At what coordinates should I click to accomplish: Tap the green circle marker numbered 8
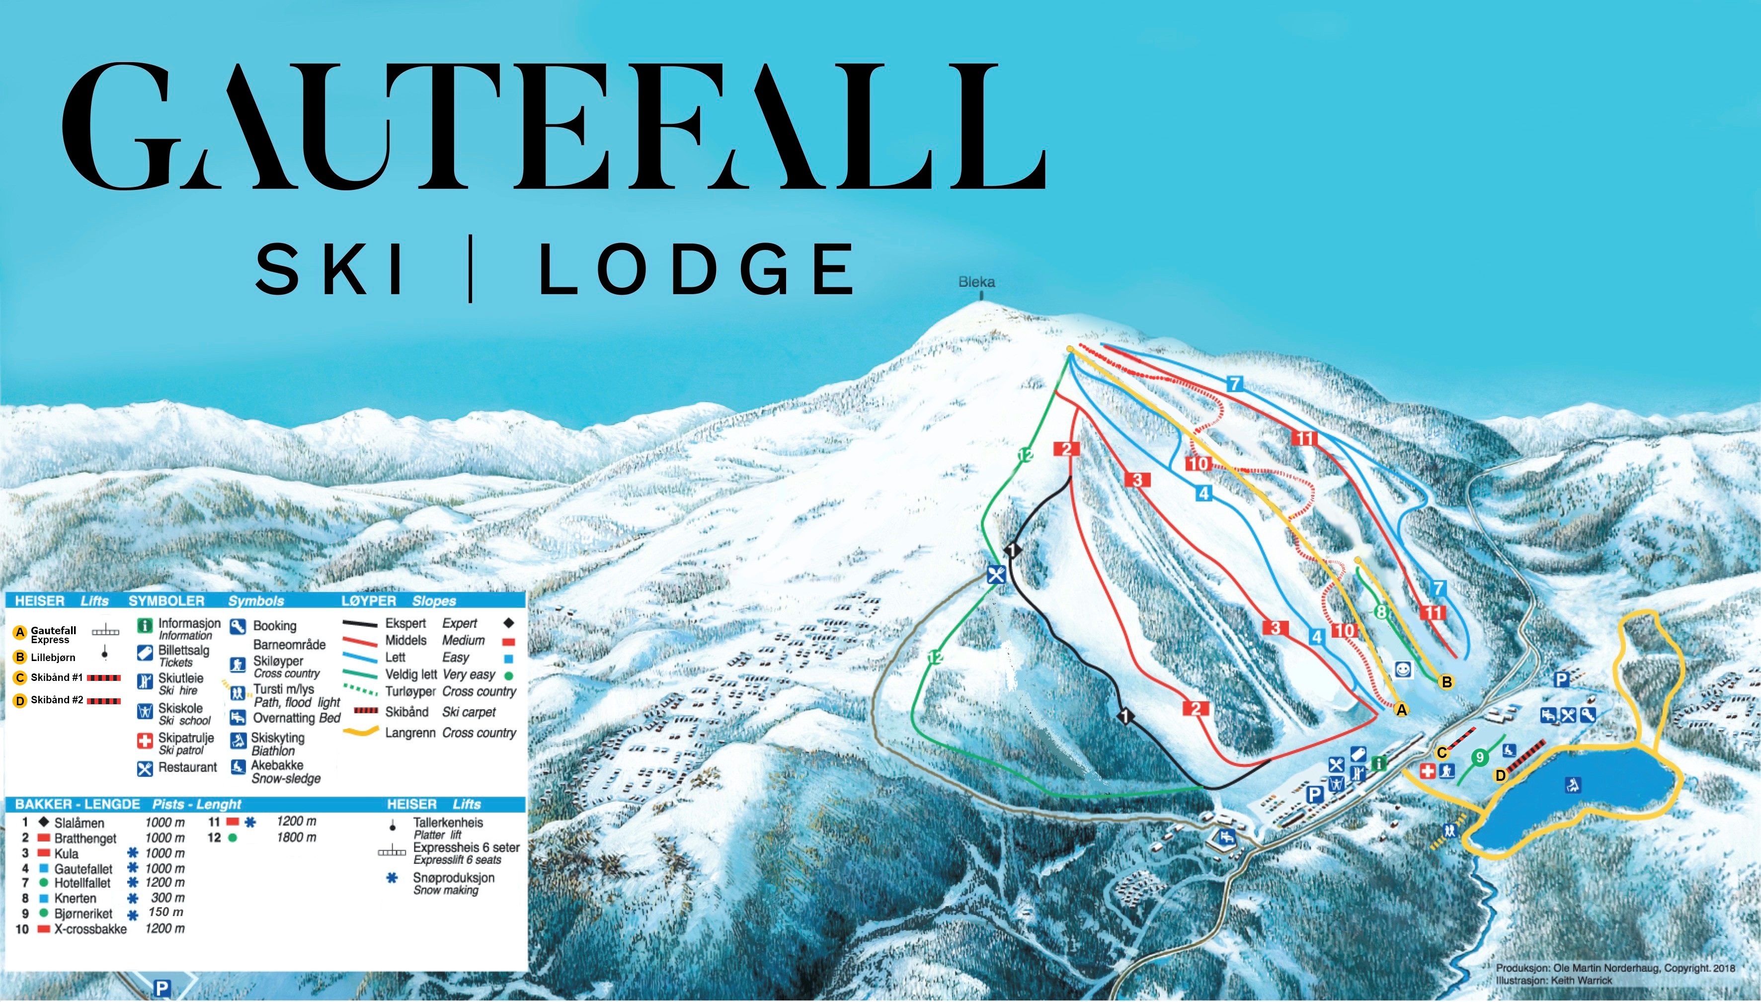1380,611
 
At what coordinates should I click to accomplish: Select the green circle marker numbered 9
1479,757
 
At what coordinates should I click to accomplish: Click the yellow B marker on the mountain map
1446,682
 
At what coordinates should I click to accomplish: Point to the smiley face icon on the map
1403,669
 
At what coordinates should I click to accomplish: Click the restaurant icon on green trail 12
995,574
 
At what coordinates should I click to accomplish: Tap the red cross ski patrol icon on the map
1428,771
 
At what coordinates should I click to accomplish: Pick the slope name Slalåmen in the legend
79,823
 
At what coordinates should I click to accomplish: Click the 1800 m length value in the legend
297,837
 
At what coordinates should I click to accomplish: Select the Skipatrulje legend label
186,738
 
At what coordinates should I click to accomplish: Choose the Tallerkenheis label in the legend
448,823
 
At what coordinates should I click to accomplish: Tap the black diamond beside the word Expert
508,623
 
